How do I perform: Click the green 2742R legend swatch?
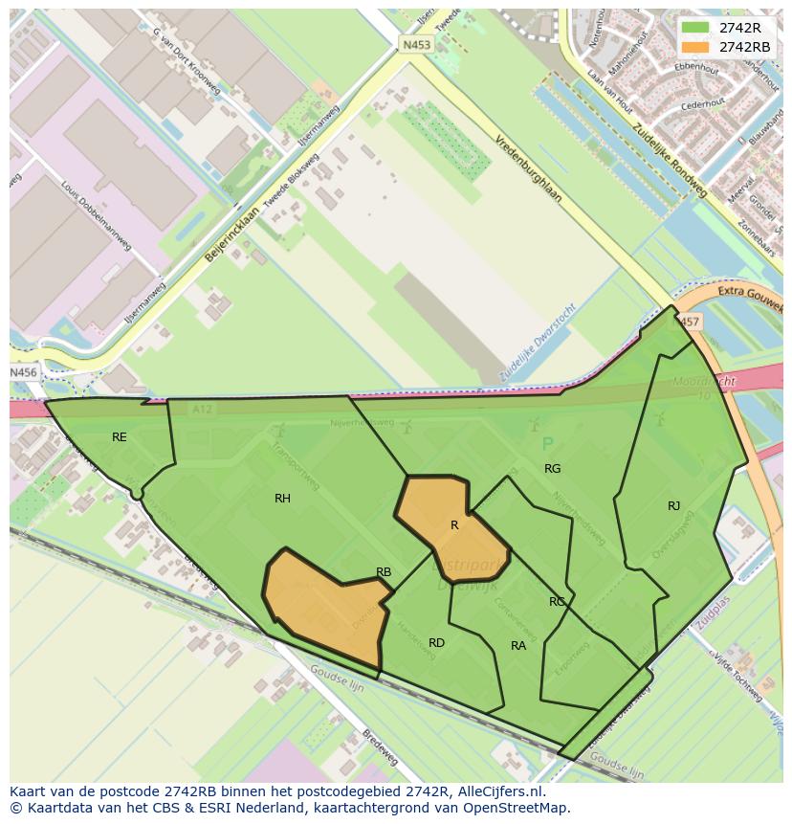[x=695, y=28]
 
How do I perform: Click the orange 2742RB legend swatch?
[x=695, y=47]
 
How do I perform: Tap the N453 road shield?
[x=415, y=44]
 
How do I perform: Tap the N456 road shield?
[x=23, y=372]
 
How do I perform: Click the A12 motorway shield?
[x=202, y=409]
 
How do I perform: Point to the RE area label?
[x=119, y=437]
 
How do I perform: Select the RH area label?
[x=282, y=499]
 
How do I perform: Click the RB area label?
[x=384, y=572]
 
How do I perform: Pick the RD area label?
[x=436, y=643]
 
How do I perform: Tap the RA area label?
[x=518, y=646]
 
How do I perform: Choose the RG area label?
[x=552, y=469]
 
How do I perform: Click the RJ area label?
[x=674, y=506]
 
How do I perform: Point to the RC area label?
[x=557, y=602]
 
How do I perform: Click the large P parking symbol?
[x=548, y=444]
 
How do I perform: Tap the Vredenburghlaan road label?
[x=528, y=168]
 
